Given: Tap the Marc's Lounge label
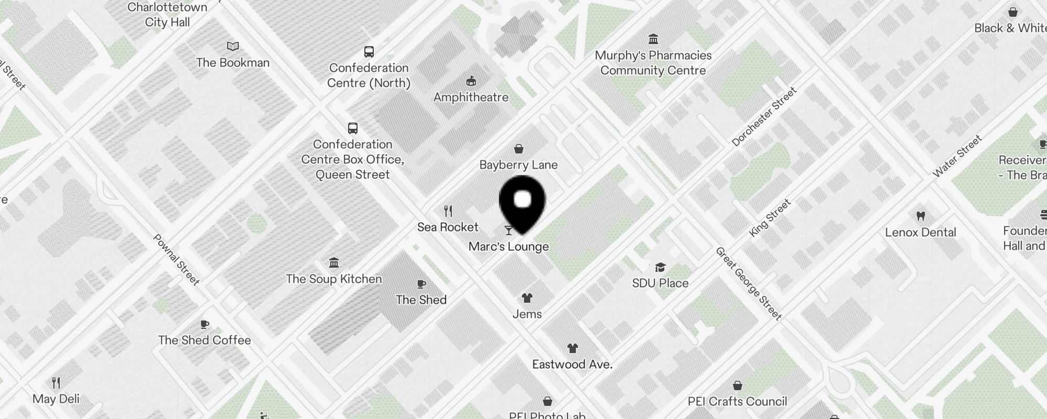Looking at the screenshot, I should coord(508,247).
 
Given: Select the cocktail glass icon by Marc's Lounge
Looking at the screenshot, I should coord(508,230).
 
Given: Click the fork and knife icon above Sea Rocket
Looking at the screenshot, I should coord(448,211).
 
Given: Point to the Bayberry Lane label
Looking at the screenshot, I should coord(518,165).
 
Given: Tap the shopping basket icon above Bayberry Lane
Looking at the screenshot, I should coord(519,149).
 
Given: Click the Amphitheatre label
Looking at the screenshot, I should coord(471,97).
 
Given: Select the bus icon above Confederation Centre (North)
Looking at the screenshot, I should coord(369,52).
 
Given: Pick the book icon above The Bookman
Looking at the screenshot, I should coord(233,47).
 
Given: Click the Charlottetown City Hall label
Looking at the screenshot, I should coord(168,15).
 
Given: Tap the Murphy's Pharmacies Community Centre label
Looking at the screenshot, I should coord(653,63).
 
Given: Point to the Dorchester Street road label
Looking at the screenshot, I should coord(764,117).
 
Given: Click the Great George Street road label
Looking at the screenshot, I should coord(749,283).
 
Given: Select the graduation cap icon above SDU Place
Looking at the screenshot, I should coord(660,268).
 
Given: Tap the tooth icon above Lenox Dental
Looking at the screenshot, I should coord(920,216).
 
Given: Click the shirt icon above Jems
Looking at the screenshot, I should coord(527,298).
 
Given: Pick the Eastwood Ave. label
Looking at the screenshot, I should coord(572,365).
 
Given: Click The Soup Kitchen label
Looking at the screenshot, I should coord(334,279).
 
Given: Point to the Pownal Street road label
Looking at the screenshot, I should coord(176,260).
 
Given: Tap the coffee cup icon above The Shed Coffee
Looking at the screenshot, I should coord(205,325).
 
